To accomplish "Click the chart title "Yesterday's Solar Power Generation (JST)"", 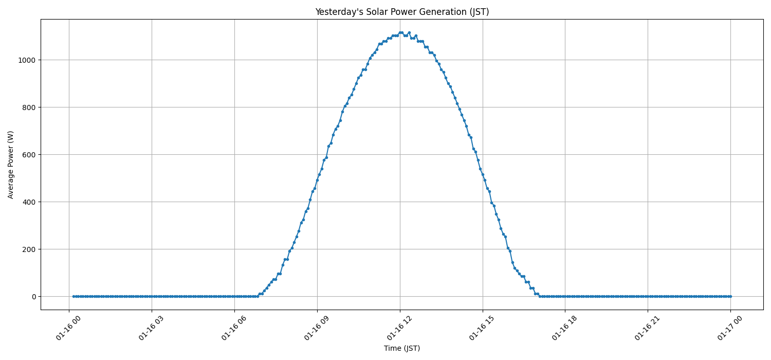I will click(401, 12).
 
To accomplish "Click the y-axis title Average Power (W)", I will click(11, 165).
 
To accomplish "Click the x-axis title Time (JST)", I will click(401, 348).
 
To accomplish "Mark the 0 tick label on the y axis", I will click(34, 297).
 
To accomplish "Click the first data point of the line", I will click(74, 296).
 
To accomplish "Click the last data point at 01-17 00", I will click(730, 296).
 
